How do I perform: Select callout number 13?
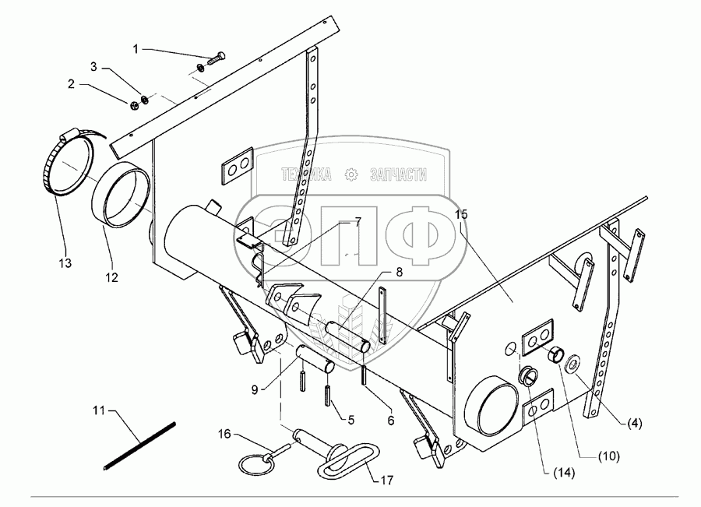tap(65, 264)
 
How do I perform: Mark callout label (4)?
tap(636, 424)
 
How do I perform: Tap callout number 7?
tap(358, 223)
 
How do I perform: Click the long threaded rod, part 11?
tap(140, 445)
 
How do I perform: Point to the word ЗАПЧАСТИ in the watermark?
tap(399, 174)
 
